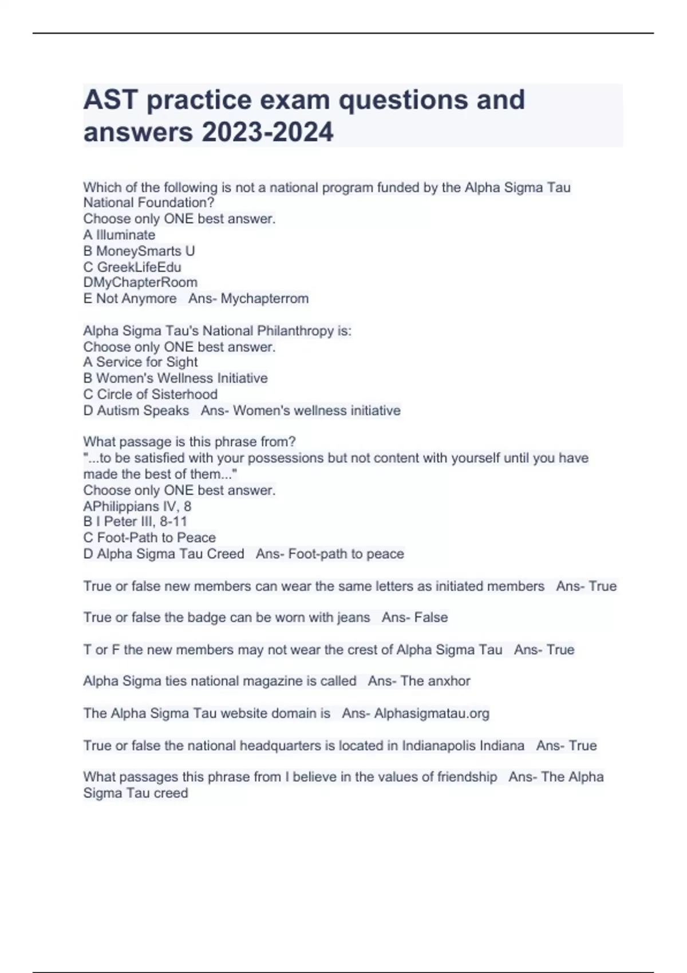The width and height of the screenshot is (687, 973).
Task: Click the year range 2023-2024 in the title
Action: [267, 132]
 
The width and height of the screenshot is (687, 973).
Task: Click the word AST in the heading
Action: [110, 100]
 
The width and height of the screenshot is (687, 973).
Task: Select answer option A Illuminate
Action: [119, 235]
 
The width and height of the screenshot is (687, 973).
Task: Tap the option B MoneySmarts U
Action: [139, 251]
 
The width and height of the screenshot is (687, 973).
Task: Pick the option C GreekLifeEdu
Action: [132, 267]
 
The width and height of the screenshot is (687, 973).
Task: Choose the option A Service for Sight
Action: [140, 362]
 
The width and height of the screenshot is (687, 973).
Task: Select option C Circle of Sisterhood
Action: [151, 394]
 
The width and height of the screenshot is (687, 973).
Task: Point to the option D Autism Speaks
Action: [136, 410]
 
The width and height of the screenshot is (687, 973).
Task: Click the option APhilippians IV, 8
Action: [137, 506]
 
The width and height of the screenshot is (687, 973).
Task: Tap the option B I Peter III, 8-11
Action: [135, 521]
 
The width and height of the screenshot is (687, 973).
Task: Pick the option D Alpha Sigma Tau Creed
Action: [164, 553]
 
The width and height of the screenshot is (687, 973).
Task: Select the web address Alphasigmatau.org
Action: [432, 713]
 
